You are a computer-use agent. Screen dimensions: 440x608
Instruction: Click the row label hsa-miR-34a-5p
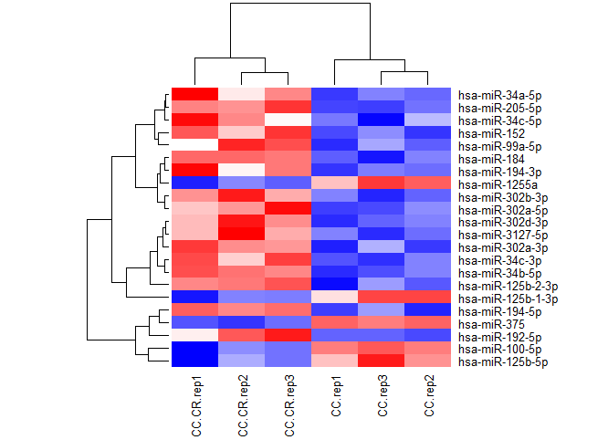click(498, 93)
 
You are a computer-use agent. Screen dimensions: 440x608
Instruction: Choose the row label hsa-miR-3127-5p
click(498, 234)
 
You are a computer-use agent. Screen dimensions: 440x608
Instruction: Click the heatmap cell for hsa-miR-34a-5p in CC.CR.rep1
click(194, 93)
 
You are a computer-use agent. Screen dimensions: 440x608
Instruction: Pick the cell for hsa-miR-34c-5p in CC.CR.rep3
click(288, 119)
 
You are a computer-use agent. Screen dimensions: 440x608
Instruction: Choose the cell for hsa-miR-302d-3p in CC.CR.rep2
click(241, 221)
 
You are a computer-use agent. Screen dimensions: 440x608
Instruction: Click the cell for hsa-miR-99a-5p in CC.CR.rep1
click(194, 144)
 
